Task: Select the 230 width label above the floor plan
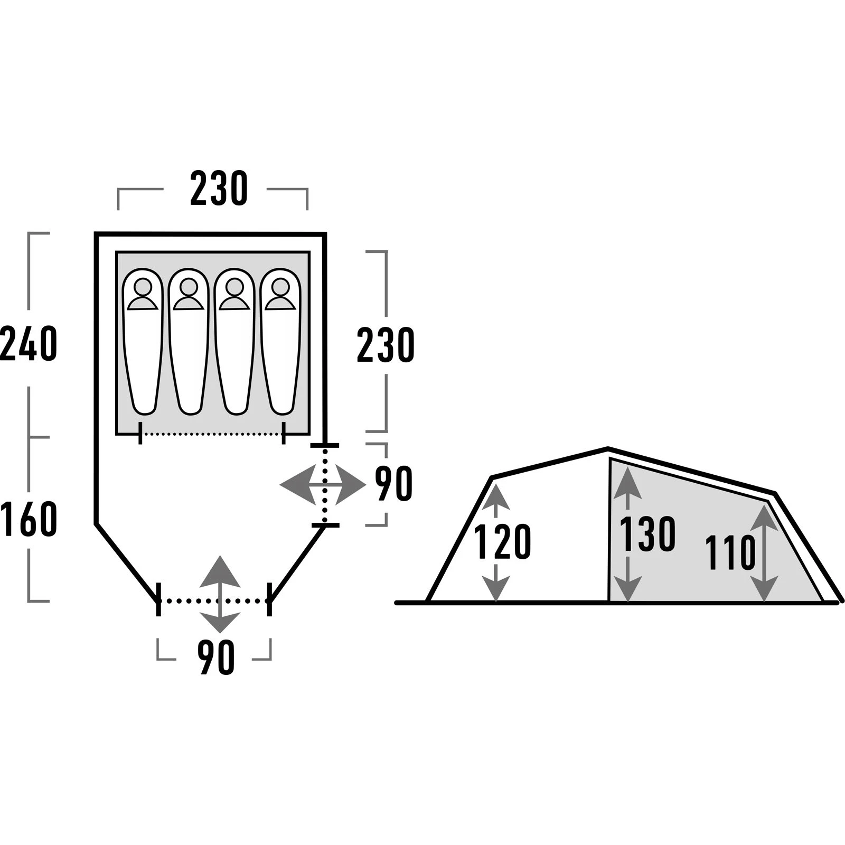coord(219,189)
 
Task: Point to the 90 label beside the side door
coord(393,484)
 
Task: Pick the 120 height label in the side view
coord(502,542)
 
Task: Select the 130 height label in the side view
coord(647,534)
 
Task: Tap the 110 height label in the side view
coord(731,552)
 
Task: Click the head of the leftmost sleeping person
coord(143,287)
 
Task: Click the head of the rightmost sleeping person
coord(280,287)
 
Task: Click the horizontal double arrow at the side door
coord(323,484)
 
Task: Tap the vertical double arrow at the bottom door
coord(220,594)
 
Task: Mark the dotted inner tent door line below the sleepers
coord(211,434)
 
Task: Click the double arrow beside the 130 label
coord(627,534)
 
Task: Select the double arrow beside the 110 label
coord(764,552)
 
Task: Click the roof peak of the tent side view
coord(608,449)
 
